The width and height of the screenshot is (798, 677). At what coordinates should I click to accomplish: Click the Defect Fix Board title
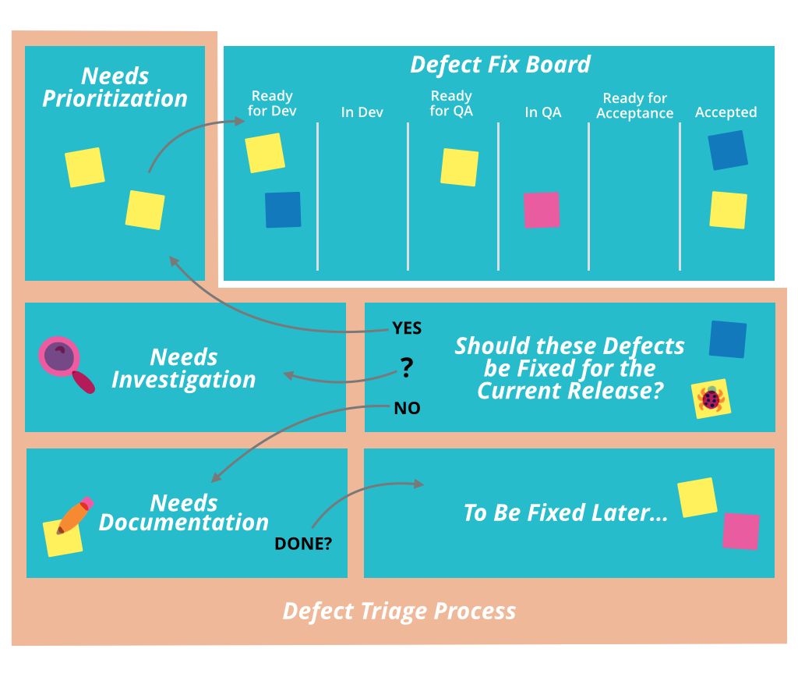(500, 64)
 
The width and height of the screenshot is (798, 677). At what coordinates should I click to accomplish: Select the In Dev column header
(362, 112)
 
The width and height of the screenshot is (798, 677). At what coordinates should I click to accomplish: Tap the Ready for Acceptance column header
(634, 105)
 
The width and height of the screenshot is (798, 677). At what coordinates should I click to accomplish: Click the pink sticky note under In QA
(542, 210)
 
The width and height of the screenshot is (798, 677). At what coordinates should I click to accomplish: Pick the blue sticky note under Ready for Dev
(283, 210)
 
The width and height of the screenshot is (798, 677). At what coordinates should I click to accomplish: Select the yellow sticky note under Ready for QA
(460, 167)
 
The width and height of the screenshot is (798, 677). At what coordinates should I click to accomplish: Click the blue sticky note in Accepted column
(728, 151)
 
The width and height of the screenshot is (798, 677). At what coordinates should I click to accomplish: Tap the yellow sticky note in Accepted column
(729, 210)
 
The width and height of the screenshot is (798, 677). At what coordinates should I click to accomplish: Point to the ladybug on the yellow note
(711, 399)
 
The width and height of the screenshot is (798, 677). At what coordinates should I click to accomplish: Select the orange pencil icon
(74, 515)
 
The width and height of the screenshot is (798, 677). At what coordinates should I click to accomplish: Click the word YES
(407, 328)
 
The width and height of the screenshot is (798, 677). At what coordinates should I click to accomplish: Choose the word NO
(407, 408)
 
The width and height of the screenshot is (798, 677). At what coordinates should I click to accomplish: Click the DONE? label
(303, 544)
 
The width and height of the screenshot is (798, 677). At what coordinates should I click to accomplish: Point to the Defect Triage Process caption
(399, 611)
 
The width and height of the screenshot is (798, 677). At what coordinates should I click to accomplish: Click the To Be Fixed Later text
(566, 513)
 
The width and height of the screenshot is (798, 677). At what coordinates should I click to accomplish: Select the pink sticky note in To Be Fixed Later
(740, 531)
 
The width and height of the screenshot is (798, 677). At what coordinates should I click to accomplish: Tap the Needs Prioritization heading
(115, 87)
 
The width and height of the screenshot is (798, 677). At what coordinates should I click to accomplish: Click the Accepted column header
(726, 112)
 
